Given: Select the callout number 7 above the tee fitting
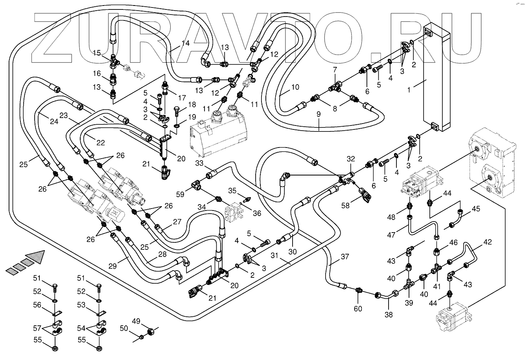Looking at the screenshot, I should tap(335, 70).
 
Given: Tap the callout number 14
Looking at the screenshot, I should tap(185, 43).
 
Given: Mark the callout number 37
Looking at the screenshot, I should tap(344, 257).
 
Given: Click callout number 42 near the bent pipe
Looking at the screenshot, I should tap(488, 242).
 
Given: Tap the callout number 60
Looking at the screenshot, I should tap(358, 308).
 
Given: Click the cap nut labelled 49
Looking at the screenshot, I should tap(150, 333).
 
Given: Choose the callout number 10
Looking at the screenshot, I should tap(295, 87).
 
